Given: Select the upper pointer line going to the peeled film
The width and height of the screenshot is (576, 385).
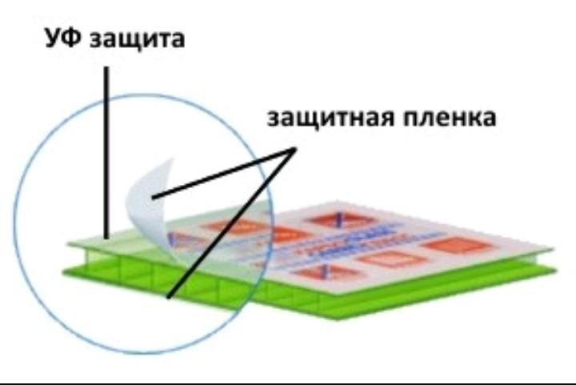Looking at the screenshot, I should tap(224, 172).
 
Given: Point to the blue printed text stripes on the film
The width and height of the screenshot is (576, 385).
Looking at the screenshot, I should tap(376, 240).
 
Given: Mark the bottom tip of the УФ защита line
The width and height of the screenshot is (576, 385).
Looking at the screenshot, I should tap(106, 238).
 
